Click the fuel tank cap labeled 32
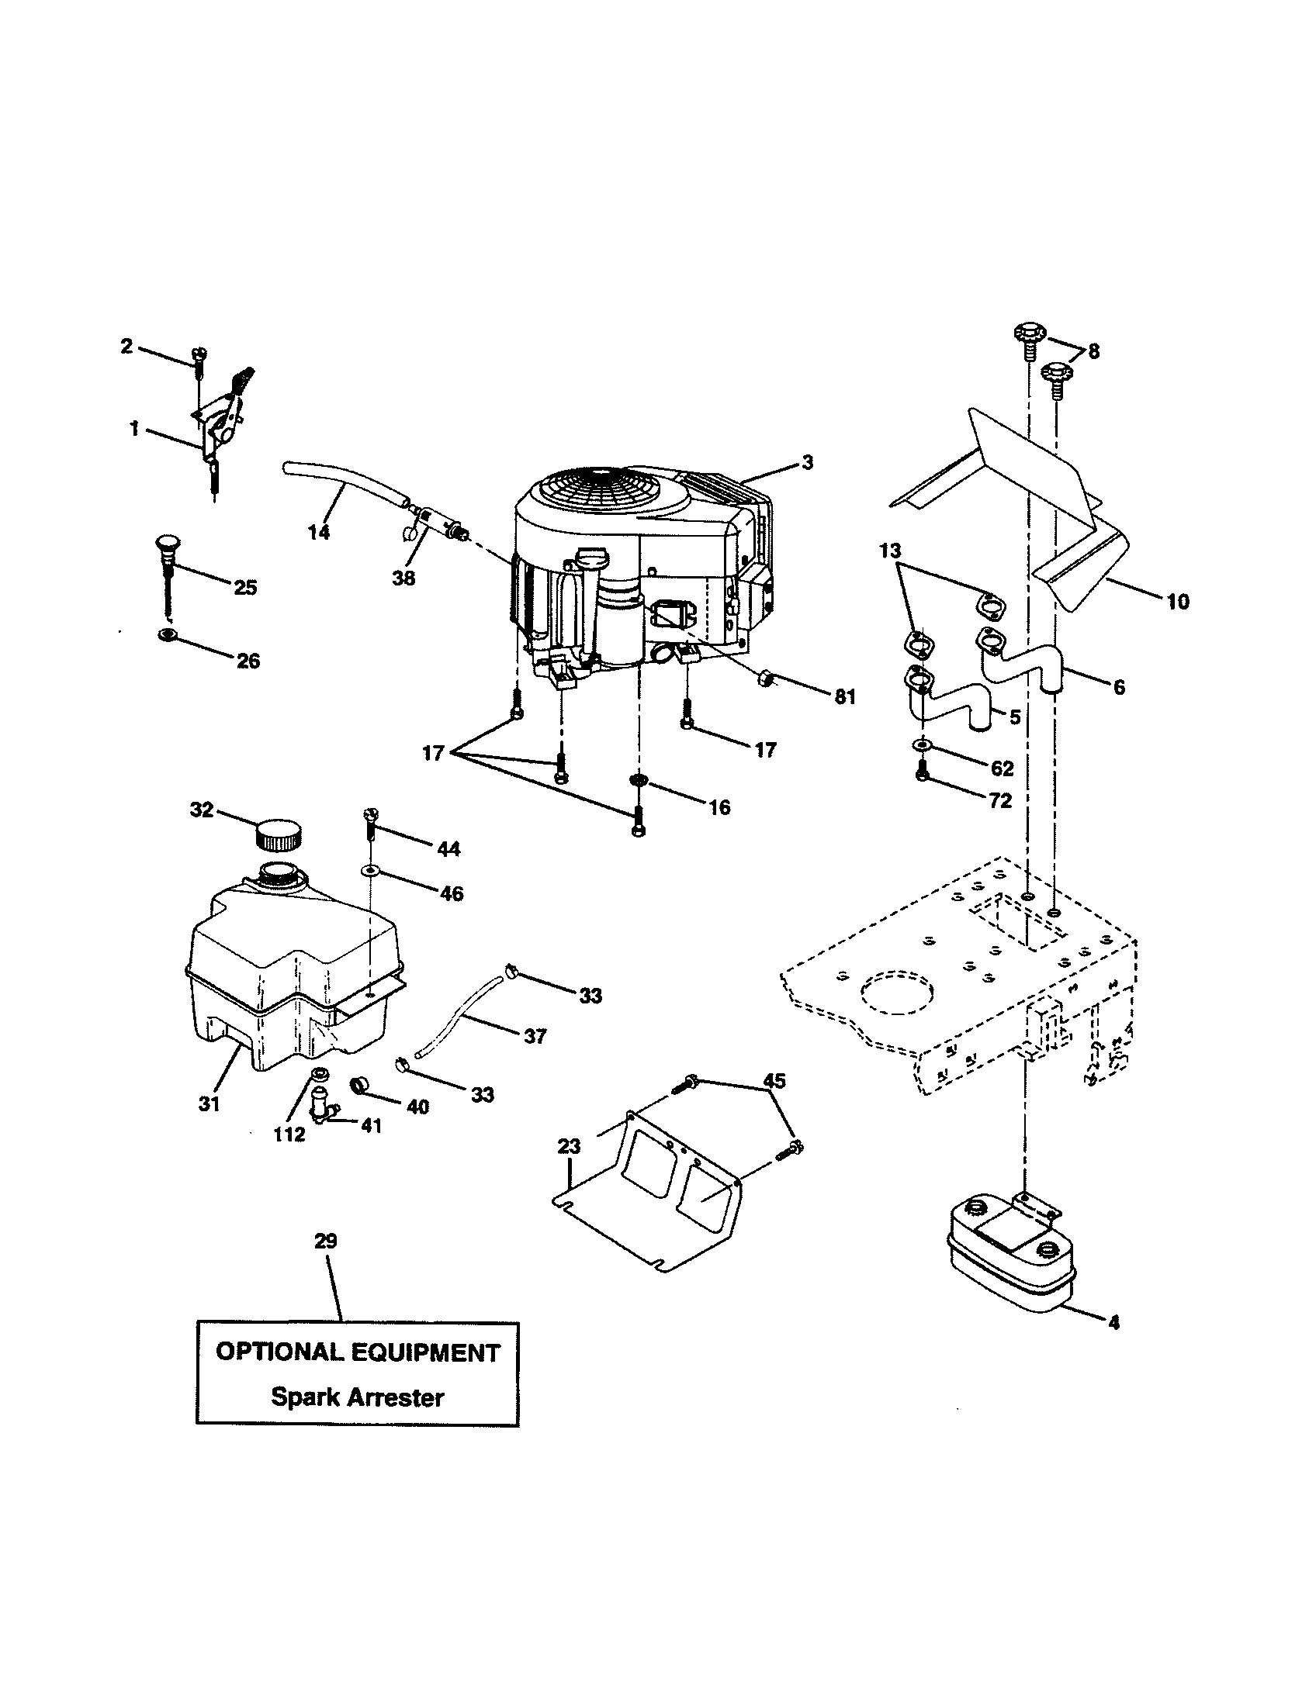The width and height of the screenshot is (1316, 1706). pyautogui.click(x=279, y=834)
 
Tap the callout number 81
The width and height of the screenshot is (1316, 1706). pyautogui.click(x=845, y=697)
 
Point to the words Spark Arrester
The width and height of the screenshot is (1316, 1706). pyautogui.click(x=357, y=1397)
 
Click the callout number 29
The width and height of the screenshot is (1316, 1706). pyautogui.click(x=325, y=1241)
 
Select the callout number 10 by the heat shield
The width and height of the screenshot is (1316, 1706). pyautogui.click(x=1177, y=602)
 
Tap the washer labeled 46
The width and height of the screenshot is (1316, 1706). pyautogui.click(x=368, y=869)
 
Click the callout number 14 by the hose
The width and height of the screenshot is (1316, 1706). pyautogui.click(x=318, y=533)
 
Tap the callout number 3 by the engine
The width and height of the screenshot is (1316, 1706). pyautogui.click(x=807, y=462)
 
